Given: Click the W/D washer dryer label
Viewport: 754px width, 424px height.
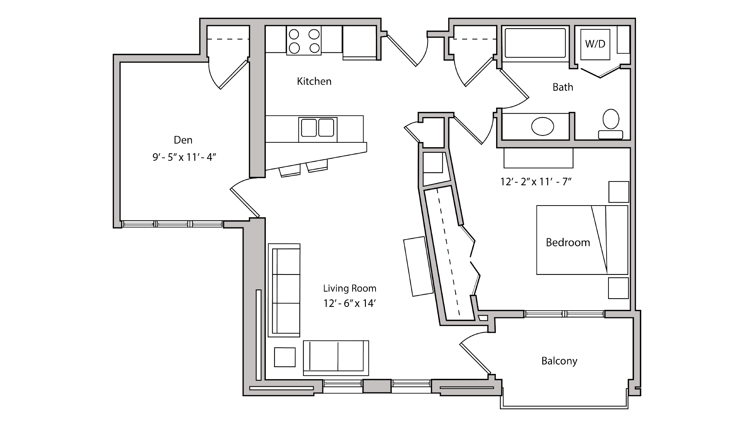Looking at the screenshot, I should tap(595, 44).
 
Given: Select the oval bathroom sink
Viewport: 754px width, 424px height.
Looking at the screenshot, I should tap(543, 126).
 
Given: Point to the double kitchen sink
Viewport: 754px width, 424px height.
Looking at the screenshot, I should tap(317, 128).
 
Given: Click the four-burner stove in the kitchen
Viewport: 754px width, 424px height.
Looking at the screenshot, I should tap(304, 41).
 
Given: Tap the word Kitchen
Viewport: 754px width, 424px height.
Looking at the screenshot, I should tap(314, 81).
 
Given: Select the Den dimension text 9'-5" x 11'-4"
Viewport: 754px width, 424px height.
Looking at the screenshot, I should tap(184, 157).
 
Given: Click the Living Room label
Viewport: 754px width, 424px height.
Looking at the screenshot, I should tap(349, 288).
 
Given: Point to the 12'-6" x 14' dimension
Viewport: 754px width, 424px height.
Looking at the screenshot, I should tap(349, 304).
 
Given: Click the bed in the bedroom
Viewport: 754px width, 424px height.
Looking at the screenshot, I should tap(582, 240).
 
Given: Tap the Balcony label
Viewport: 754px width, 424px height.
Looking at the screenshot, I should tap(559, 361).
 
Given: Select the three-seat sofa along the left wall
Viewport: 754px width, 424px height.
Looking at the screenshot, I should tap(284, 290).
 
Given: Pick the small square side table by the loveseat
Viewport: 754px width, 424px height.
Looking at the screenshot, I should tap(285, 357).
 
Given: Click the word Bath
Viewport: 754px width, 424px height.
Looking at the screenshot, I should tap(562, 87).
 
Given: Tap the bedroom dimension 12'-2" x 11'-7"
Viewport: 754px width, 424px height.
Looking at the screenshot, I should tap(536, 182).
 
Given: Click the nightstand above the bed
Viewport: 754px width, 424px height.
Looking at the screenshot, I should tap(619, 192).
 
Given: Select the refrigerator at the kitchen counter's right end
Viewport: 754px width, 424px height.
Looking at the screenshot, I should tap(359, 42).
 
